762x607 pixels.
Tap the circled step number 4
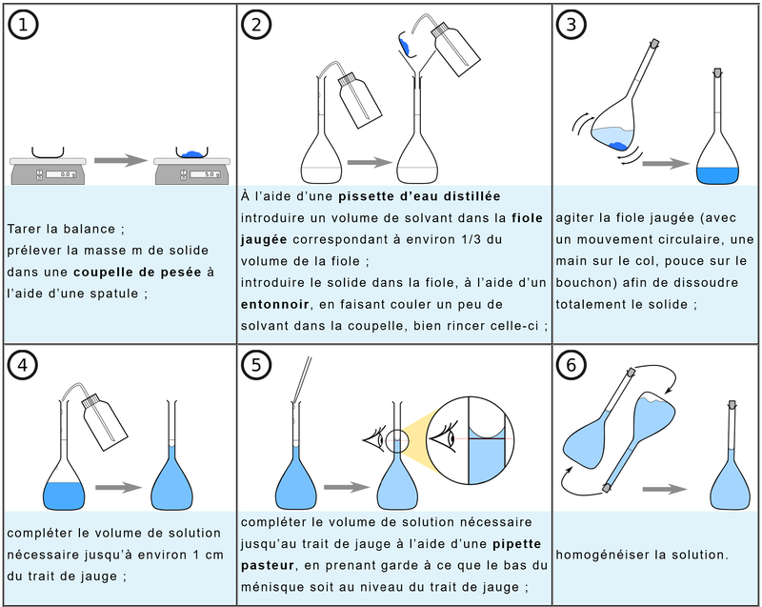[22, 364]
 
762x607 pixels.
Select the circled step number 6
[570, 364]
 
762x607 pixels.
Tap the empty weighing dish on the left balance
[48, 152]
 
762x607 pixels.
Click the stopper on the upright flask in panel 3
[718, 72]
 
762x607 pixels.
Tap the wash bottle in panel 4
[102, 414]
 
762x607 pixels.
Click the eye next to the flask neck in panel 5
[371, 438]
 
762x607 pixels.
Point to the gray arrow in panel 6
[665, 489]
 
